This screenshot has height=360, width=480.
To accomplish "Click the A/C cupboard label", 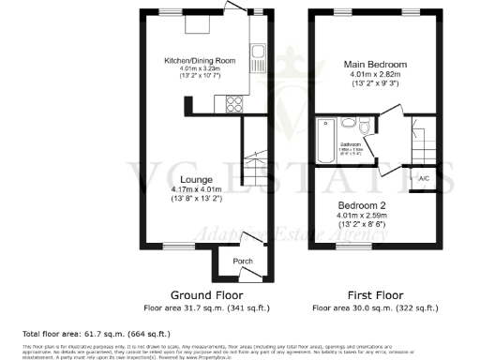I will [x=424, y=178].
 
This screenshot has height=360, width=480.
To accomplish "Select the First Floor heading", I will [x=375, y=292].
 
